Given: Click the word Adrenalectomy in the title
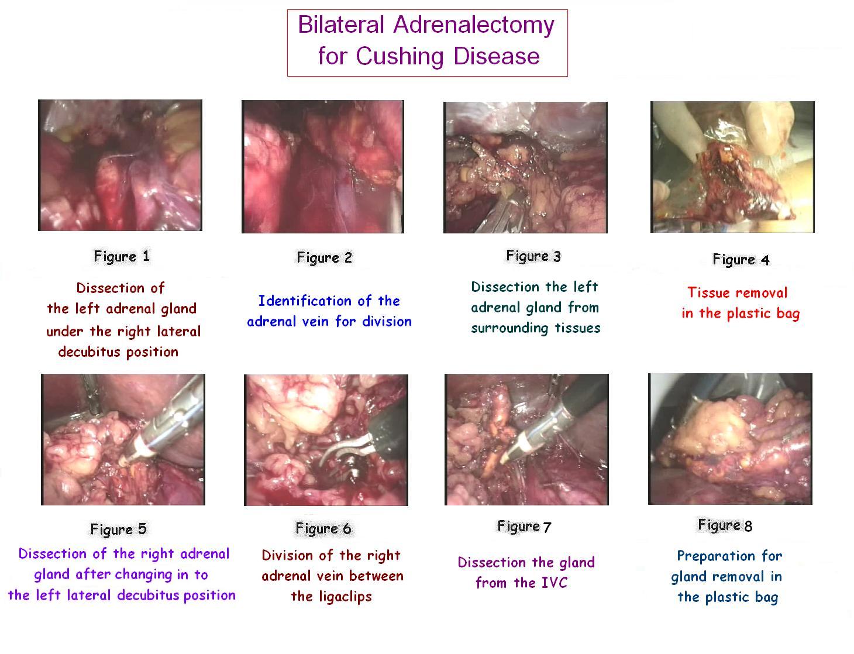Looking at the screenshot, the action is pyautogui.click(x=474, y=25).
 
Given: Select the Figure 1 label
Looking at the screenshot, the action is pyautogui.click(x=122, y=257).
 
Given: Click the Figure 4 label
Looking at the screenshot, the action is pyautogui.click(x=741, y=260).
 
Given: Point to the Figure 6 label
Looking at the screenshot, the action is pyautogui.click(x=323, y=529).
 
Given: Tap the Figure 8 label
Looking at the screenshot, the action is pyautogui.click(x=725, y=525).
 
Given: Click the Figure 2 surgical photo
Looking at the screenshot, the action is pyautogui.click(x=323, y=167).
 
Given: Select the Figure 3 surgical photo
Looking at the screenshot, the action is pyautogui.click(x=525, y=167).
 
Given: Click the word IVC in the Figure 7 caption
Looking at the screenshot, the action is pyautogui.click(x=554, y=583).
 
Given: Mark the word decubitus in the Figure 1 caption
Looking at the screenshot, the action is pyautogui.click(x=89, y=352).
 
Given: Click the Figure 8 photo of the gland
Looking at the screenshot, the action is pyautogui.click(x=730, y=439).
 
